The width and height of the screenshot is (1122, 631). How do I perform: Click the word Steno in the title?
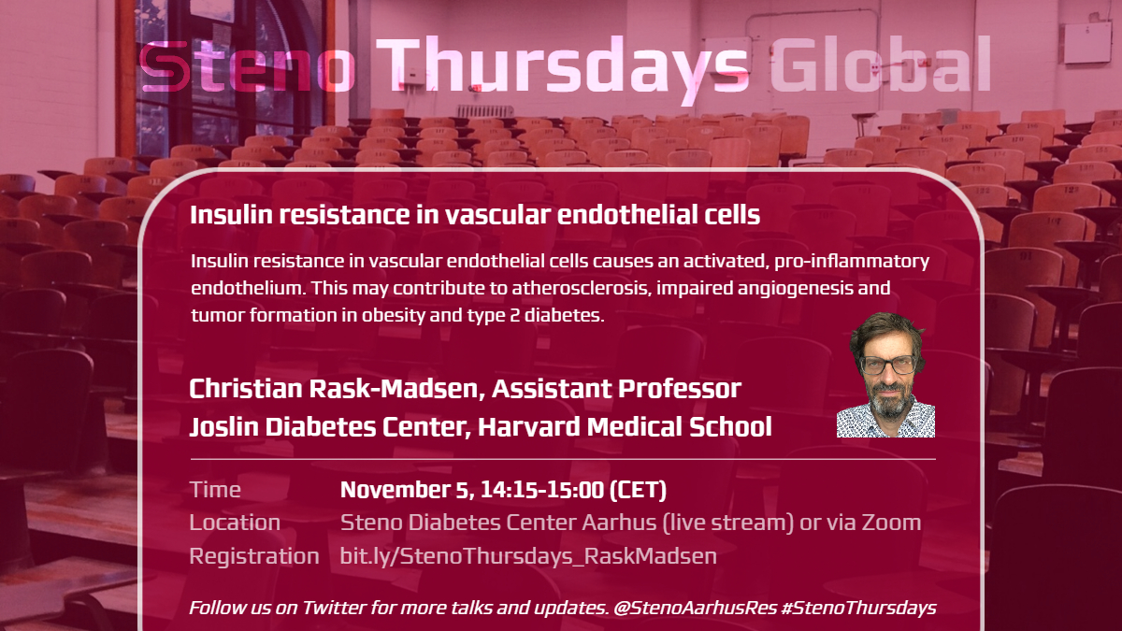tap(248, 65)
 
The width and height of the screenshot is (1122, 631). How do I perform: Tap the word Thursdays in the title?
tap(563, 69)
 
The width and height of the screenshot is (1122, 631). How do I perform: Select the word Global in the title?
tap(881, 64)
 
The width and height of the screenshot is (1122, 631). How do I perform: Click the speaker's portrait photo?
tap(885, 375)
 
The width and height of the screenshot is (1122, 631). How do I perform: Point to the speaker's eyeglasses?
tap(887, 365)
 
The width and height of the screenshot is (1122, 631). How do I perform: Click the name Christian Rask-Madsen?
tap(338, 389)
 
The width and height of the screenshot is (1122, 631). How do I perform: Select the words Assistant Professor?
tap(616, 389)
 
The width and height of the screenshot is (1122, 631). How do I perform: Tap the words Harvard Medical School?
tap(625, 426)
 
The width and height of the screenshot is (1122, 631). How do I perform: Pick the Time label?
tap(215, 489)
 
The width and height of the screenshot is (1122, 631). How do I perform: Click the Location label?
tap(235, 523)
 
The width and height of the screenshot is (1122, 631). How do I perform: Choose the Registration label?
tap(254, 556)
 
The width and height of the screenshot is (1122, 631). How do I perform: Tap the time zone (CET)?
tap(638, 490)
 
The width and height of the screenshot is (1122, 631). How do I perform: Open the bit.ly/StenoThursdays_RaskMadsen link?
tap(528, 556)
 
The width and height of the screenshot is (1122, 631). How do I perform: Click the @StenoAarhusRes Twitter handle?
tap(696, 608)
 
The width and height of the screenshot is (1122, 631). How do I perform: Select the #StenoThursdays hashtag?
tap(858, 608)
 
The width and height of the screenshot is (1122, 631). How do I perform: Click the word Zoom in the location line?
tap(891, 523)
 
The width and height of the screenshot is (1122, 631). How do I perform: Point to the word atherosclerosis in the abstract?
tap(582, 288)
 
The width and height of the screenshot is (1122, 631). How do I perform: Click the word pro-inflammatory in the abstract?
tap(852, 262)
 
